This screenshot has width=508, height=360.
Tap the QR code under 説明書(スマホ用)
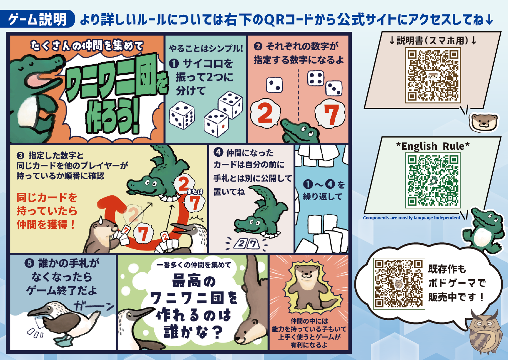tap(433, 75)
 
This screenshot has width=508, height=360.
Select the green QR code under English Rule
tap(433, 181)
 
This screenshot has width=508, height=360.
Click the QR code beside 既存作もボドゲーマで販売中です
tap(399, 284)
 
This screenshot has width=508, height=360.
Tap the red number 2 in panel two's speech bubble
tap(265, 113)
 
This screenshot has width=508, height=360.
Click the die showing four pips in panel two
tap(316, 78)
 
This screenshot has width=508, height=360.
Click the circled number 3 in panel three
tap(20, 155)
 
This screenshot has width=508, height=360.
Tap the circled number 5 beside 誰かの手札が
tap(29, 263)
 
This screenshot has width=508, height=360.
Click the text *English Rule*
tap(433, 146)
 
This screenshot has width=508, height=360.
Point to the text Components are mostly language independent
tap(412, 218)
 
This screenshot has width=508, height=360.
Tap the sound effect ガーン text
tap(94, 306)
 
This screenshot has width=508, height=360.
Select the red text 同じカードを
tap(47, 198)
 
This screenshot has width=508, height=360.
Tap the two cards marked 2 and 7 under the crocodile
tap(247, 244)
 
